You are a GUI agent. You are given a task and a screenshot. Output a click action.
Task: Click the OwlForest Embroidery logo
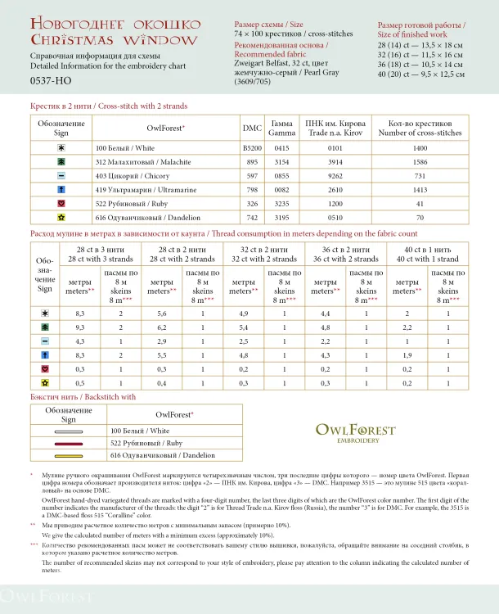pyautogui.click(x=355, y=432)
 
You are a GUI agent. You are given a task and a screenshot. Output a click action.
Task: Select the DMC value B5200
pyautogui.click(x=253, y=148)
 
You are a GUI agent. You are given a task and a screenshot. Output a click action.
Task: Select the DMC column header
pyautogui.click(x=253, y=129)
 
